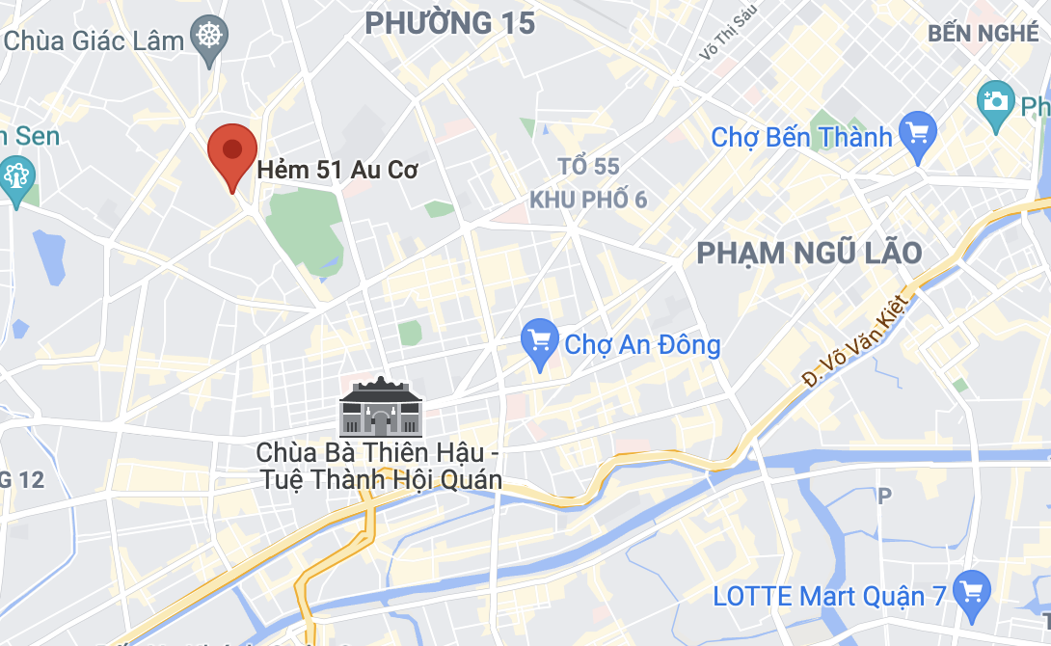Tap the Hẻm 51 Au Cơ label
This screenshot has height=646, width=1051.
click(337, 171)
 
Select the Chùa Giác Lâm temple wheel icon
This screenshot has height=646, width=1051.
click(209, 39)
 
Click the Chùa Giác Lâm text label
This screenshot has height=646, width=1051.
click(94, 40)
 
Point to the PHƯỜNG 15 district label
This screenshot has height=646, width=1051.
click(450, 22)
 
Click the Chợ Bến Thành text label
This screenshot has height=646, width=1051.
click(801, 137)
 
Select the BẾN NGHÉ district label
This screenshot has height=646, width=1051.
click(984, 34)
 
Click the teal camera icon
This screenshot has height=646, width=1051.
click(995, 100)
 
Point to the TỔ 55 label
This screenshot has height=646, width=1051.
click(588, 167)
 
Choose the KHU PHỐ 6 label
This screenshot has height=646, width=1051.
click(588, 200)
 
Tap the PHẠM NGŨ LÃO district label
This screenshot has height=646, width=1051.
click(809, 254)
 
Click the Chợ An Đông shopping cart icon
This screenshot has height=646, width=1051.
click(539, 341)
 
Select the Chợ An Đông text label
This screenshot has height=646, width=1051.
click(642, 344)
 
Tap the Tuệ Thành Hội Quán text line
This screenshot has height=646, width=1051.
click(382, 479)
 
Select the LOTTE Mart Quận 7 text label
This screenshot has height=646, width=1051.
click(829, 596)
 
